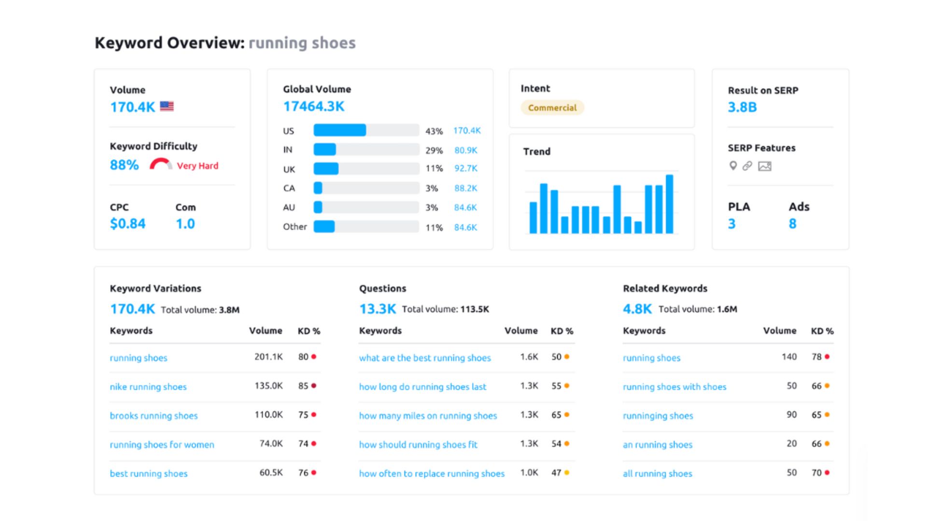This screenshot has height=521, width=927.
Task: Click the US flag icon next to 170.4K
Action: pyautogui.click(x=167, y=106)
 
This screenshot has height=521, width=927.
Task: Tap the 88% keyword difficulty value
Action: pyautogui.click(x=124, y=165)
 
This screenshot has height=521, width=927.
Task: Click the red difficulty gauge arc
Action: pyautogui.click(x=160, y=163)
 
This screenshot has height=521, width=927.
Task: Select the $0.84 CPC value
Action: pyautogui.click(x=127, y=224)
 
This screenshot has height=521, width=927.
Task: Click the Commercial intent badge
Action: pyautogui.click(x=552, y=108)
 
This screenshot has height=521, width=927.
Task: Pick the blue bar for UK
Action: pyautogui.click(x=326, y=169)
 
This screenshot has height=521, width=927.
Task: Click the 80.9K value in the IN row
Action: pyautogui.click(x=465, y=150)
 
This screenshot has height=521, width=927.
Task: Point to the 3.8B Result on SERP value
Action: pyautogui.click(x=742, y=107)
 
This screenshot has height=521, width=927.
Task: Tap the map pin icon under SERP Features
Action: pyautogui.click(x=733, y=166)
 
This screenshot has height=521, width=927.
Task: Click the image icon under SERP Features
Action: pyautogui.click(x=764, y=166)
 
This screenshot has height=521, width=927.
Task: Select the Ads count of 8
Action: pyautogui.click(x=792, y=224)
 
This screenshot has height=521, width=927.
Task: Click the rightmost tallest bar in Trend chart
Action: pyautogui.click(x=669, y=204)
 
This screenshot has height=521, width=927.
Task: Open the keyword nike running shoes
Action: pyautogui.click(x=148, y=387)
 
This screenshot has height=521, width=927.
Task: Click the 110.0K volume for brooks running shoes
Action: pyautogui.click(x=268, y=415)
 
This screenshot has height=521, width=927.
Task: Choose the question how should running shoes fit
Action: pyautogui.click(x=418, y=445)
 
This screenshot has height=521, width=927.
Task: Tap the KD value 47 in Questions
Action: pyautogui.click(x=556, y=473)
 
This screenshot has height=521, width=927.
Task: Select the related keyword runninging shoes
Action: pyautogui.click(x=658, y=416)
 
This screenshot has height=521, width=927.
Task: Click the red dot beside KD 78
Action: pyautogui.click(x=827, y=357)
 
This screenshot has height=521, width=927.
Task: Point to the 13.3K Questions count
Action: pyautogui.click(x=377, y=309)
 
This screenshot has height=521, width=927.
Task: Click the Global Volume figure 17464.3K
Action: pyautogui.click(x=313, y=107)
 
